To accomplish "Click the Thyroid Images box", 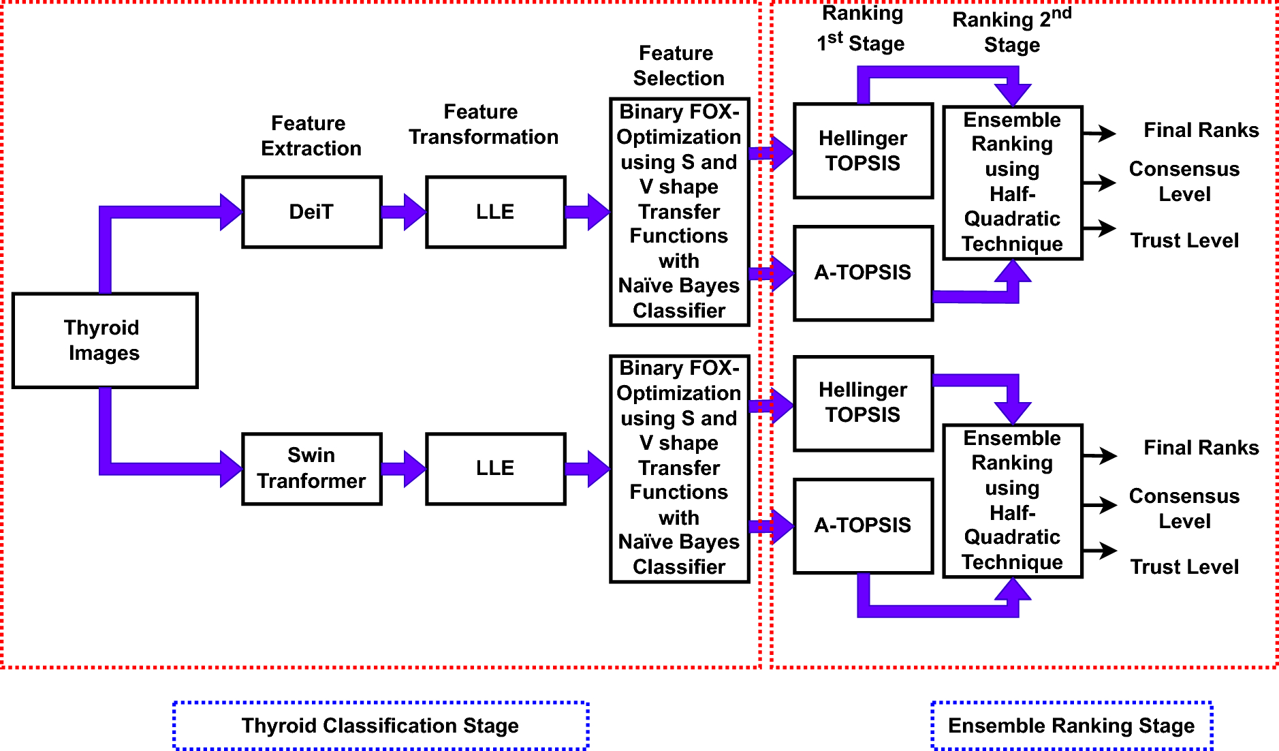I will tap(105, 340).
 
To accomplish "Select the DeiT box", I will tap(311, 212).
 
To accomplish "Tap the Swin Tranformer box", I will tap(311, 468).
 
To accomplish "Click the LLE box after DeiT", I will tap(495, 212).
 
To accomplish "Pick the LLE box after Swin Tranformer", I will tap(495, 468).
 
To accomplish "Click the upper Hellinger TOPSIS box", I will tap(863, 151).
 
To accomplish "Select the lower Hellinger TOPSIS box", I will tap(863, 403).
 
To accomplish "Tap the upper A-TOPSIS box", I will tap(863, 273).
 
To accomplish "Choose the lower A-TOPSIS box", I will tap(863, 525).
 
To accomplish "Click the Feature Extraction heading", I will tap(311, 136).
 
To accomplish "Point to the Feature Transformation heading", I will tap(483, 124).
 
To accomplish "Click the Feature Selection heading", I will tap(678, 65).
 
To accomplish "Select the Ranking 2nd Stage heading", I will tap(1012, 32).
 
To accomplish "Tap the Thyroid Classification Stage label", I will tap(380, 726).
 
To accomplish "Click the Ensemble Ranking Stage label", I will tap(1071, 726).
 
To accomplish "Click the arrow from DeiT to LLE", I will tap(404, 212).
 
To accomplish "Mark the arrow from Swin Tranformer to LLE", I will tap(404, 468).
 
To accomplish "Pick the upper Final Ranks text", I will tap(1201, 130).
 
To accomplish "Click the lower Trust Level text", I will tap(1184, 567).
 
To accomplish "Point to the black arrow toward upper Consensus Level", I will tap(1099, 183).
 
